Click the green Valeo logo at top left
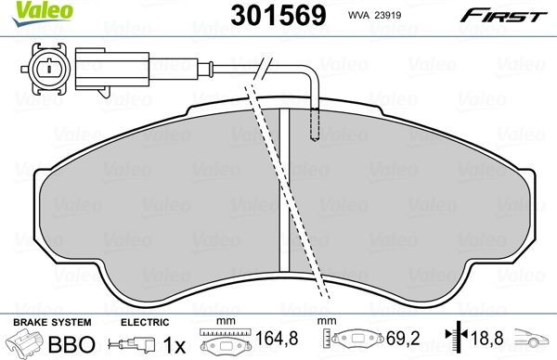coord(24,10)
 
